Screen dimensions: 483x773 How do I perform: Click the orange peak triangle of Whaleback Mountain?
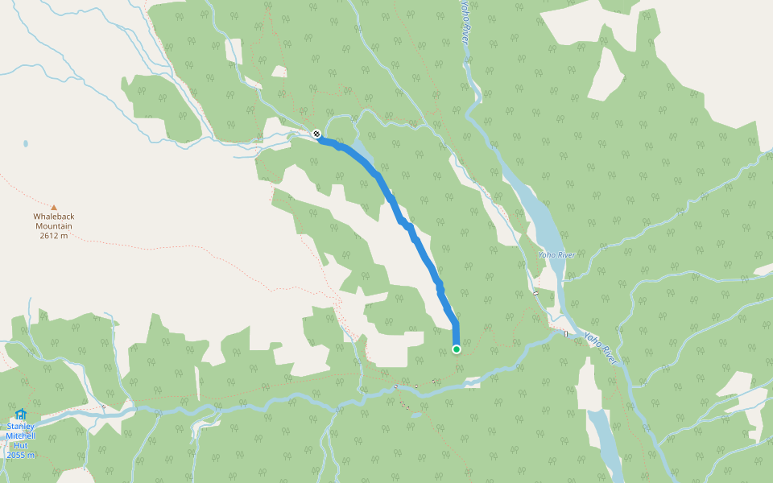click(x=54, y=208)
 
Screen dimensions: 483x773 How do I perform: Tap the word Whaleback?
click(x=53, y=217)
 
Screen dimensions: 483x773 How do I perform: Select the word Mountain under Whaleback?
click(x=53, y=226)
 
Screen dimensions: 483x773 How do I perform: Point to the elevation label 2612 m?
click(x=53, y=236)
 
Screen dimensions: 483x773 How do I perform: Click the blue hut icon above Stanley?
click(x=21, y=414)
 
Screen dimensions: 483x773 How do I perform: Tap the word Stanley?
click(x=21, y=427)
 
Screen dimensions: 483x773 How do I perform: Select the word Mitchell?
click(x=21, y=436)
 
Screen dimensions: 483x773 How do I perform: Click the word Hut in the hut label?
click(x=21, y=446)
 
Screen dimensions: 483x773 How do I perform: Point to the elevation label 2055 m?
click(x=21, y=456)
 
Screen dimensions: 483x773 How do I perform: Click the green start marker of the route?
click(x=457, y=349)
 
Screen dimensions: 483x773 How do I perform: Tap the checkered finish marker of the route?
click(x=316, y=134)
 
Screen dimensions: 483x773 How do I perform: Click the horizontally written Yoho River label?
click(x=556, y=255)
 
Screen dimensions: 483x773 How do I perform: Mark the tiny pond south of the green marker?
click(x=415, y=416)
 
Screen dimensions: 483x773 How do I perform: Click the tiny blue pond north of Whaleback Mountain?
click(x=26, y=144)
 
